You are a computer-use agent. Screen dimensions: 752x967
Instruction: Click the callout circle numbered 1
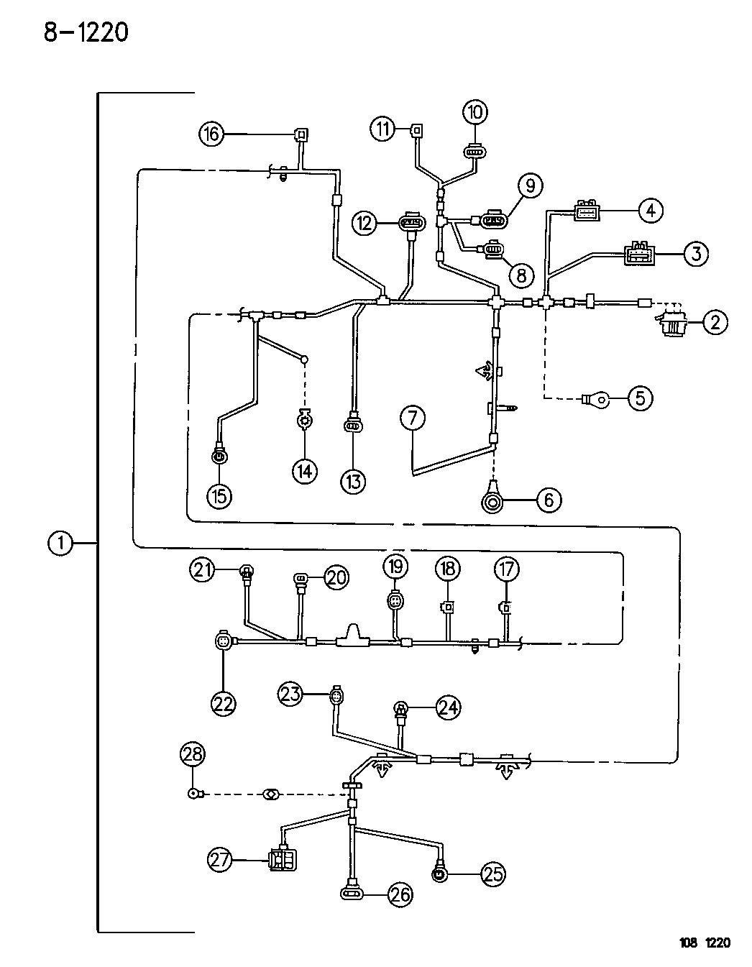click(60, 544)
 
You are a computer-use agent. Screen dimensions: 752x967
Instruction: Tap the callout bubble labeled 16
click(211, 134)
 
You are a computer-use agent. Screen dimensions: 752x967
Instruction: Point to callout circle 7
click(413, 418)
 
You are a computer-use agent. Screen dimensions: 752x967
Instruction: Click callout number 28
click(192, 754)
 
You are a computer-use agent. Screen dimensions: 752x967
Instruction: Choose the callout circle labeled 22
click(224, 704)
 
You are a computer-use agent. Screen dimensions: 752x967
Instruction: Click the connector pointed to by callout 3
click(639, 254)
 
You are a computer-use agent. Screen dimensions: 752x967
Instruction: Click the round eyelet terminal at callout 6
click(493, 500)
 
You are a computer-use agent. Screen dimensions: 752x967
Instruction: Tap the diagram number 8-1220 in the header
click(86, 32)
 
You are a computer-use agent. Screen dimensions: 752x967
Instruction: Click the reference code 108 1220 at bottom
click(705, 943)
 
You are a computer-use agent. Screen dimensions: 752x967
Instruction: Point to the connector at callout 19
click(395, 600)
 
